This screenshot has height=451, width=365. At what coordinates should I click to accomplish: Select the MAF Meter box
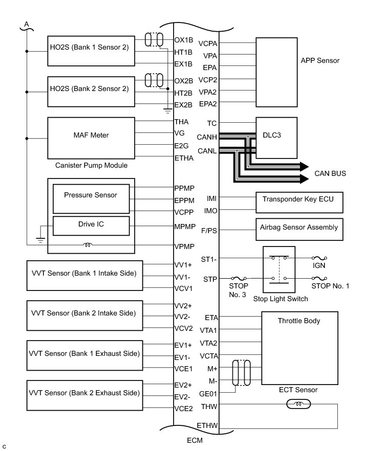pos(90,136)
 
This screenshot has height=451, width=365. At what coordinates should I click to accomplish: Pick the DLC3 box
pos(276,138)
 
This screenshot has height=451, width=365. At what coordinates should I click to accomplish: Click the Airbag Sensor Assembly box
pos(298,228)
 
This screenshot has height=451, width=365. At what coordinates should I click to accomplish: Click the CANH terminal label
pos(207,137)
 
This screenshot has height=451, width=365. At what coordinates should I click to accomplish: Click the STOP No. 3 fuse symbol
pos(239,279)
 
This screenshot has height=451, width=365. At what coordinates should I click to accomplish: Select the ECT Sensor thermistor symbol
pos(297,404)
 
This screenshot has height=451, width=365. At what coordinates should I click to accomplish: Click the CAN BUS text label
pos(330,174)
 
